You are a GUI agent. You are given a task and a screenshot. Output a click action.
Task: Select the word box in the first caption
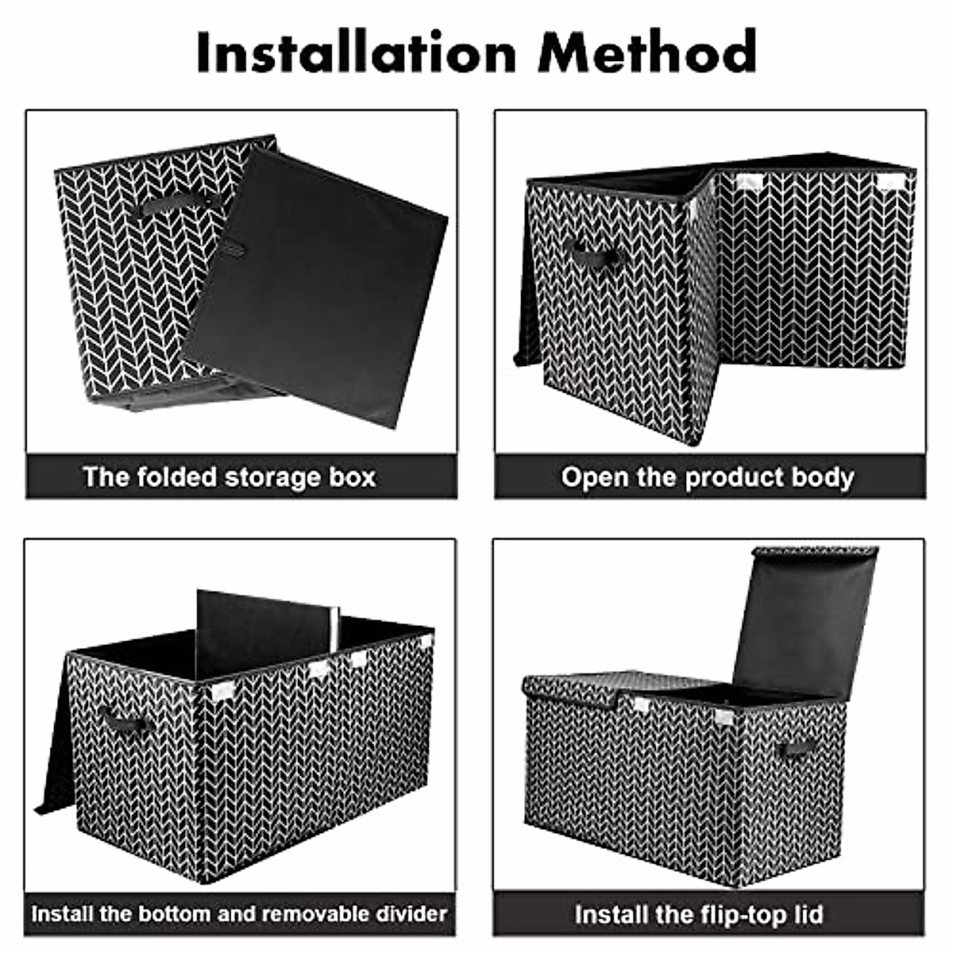tap(350, 477)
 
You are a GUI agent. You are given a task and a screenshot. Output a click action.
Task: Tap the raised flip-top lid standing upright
tap(802, 619)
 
